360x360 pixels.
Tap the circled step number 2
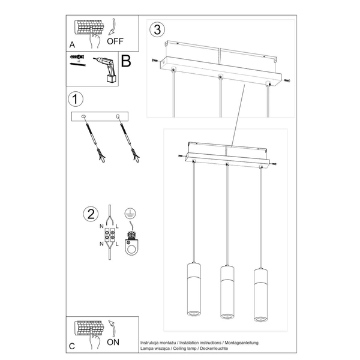pyautogui.click(x=90, y=214)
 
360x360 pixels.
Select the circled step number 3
pyautogui.click(x=157, y=29)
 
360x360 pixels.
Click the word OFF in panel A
pyautogui.click(x=115, y=42)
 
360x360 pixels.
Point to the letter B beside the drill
pyautogui.click(x=126, y=61)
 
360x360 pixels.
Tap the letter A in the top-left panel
pyautogui.click(x=72, y=45)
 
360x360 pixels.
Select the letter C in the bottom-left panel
pyautogui.click(x=72, y=346)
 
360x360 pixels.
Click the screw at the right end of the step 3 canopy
pyautogui.click(x=287, y=82)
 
